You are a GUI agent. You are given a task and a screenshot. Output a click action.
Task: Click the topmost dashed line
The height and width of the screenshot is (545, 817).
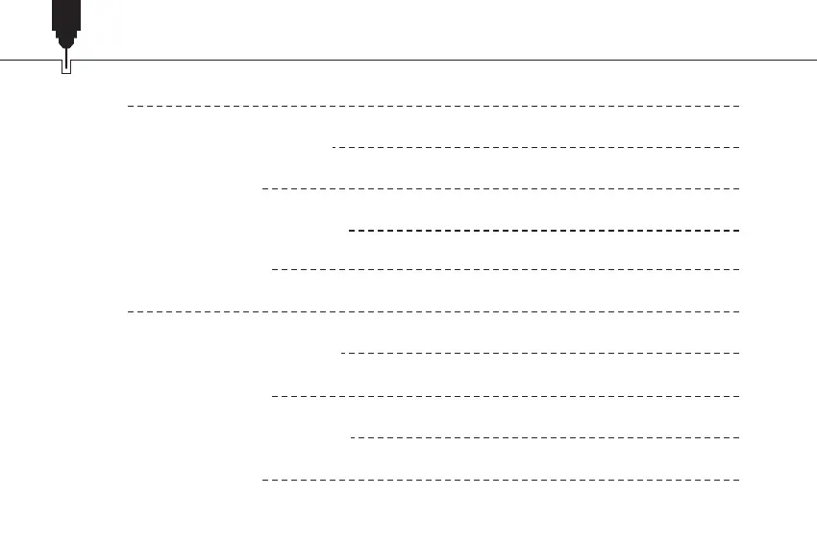(x=433, y=106)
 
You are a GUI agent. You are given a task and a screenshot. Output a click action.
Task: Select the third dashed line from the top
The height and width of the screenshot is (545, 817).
(x=501, y=188)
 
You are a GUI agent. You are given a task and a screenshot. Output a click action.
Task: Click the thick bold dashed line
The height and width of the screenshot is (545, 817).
(x=544, y=231)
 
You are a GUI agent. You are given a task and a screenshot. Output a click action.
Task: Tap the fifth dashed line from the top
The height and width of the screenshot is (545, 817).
(x=506, y=270)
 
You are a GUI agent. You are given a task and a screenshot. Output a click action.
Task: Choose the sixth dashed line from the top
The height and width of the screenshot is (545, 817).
(x=433, y=311)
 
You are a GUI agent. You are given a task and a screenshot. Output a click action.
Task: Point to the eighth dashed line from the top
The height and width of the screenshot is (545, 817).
(x=506, y=395)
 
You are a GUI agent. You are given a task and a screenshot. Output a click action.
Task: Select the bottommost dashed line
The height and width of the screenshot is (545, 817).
(x=501, y=478)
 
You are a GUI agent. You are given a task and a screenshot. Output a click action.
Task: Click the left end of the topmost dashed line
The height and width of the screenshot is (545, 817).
(x=130, y=106)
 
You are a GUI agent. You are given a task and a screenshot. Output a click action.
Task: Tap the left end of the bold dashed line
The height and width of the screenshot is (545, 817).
(x=351, y=231)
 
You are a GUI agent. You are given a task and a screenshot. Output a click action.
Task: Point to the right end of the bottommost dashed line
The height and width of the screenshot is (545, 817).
(x=737, y=478)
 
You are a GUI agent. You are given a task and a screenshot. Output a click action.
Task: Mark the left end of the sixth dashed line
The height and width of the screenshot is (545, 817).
(x=130, y=311)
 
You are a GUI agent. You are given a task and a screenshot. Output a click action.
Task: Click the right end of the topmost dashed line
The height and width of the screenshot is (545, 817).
(x=737, y=106)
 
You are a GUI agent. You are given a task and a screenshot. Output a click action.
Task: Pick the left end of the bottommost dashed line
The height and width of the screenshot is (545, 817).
(x=264, y=478)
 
